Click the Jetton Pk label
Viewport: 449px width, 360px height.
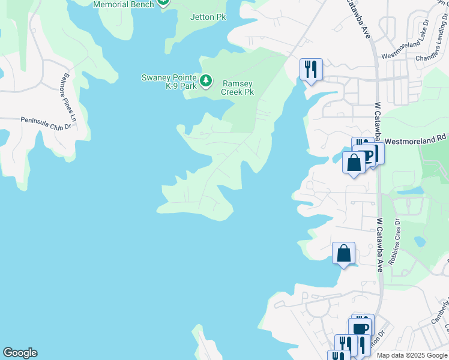click(x=208, y=17)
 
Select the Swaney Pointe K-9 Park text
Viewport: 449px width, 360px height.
click(x=169, y=82)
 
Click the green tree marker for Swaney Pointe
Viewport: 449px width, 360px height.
click(x=206, y=80)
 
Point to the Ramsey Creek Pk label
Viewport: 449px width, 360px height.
click(x=238, y=88)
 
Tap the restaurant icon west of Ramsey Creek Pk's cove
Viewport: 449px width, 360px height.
click(x=311, y=68)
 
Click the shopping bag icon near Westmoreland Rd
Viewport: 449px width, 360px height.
click(x=354, y=162)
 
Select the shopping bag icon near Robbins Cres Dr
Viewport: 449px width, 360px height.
click(x=344, y=253)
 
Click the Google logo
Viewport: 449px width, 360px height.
click(x=20, y=353)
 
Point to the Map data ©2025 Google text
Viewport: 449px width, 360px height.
click(x=412, y=355)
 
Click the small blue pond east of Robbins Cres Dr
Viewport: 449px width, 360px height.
click(x=420, y=242)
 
